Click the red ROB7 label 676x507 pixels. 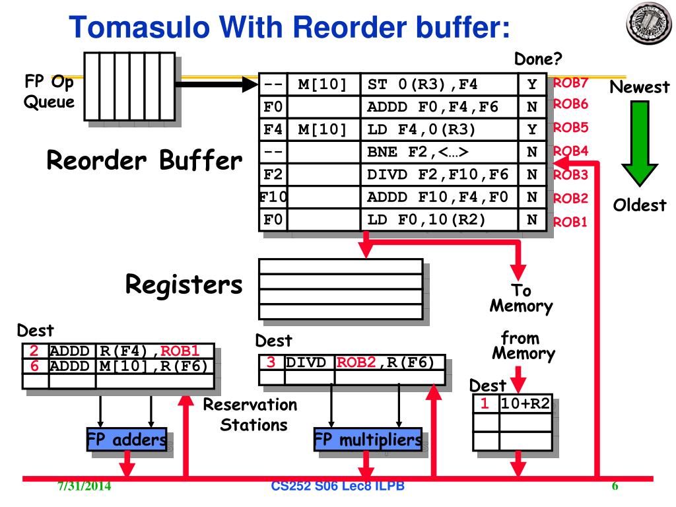coord(570,83)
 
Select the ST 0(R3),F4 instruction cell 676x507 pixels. coord(439,84)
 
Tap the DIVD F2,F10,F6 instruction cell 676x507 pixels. coord(439,174)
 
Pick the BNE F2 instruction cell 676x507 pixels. coord(439,152)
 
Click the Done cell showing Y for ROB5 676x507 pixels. coord(533,129)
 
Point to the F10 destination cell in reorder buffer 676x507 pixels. coord(273,197)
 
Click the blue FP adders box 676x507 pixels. coord(127,439)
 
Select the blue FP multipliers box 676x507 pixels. coord(368,439)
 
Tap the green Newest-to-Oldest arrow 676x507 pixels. coord(640,143)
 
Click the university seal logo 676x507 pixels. coord(649,23)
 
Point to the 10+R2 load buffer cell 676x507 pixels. coord(525,403)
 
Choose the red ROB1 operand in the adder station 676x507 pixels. coord(180,351)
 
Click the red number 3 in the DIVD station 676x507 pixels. coord(271,362)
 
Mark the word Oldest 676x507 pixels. coord(640,205)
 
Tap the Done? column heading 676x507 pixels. coord(538,59)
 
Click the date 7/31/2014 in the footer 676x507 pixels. coord(84,486)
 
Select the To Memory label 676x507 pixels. coord(522,298)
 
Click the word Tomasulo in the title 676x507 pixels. coord(139,27)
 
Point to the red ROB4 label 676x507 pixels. coord(570,151)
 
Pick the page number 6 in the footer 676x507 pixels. coord(615,486)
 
